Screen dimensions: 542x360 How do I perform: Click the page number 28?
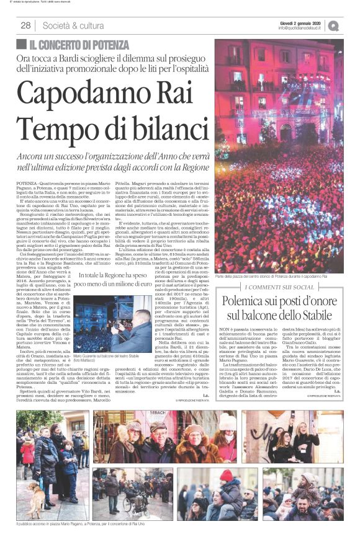pos(25,25)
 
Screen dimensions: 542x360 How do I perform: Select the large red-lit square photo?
pos(279,155)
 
